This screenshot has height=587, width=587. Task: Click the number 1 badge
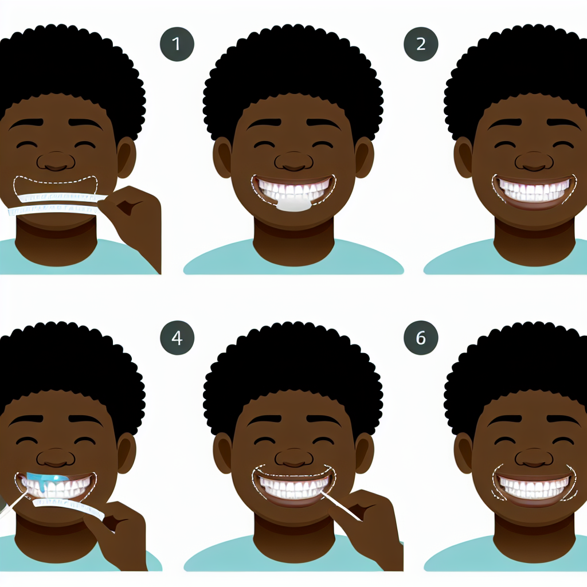tap(177, 44)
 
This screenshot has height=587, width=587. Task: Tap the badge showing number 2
tap(421, 44)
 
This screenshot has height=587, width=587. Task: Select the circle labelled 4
tap(177, 338)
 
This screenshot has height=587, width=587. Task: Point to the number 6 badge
tap(421, 338)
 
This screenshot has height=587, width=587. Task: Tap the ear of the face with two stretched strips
tap(127, 157)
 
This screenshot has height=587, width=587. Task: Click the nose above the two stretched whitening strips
tap(56, 161)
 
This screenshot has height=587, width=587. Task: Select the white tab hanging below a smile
tap(293, 204)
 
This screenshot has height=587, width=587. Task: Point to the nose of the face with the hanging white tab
tap(294, 161)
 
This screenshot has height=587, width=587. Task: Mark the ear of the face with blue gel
tap(127, 453)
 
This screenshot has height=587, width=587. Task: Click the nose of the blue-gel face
tap(56, 457)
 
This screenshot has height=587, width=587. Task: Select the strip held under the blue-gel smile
tap(69, 508)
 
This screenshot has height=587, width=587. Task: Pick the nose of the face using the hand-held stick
tap(294, 457)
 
